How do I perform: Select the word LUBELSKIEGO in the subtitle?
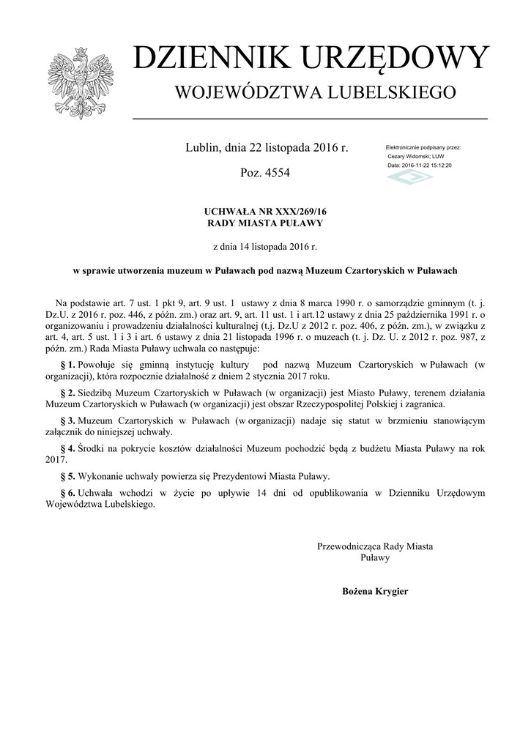[x=393, y=92]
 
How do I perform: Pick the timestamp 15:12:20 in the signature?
[x=440, y=166]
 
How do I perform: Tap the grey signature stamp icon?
[x=410, y=178]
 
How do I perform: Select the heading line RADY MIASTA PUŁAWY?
[x=264, y=223]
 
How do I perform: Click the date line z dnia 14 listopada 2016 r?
[x=264, y=247]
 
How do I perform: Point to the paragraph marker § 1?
[x=67, y=364]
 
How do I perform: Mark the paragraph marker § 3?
[x=67, y=421]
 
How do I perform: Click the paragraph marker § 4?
[x=67, y=448]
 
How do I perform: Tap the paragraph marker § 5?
[x=67, y=476]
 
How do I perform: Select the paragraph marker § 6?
[x=67, y=494]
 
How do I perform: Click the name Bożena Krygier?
[x=375, y=591]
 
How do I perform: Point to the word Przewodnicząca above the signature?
[x=350, y=546]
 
